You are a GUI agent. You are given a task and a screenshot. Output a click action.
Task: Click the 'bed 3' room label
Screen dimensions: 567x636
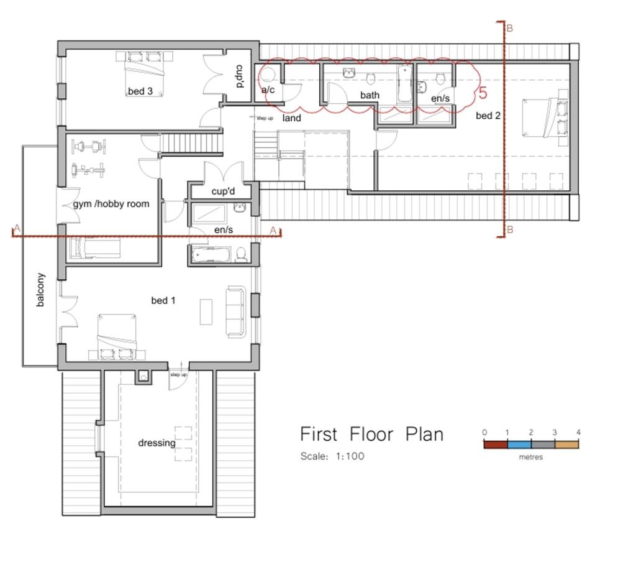pyautogui.click(x=140, y=91)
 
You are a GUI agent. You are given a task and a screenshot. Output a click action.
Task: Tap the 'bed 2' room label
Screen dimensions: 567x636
pyautogui.click(x=488, y=115)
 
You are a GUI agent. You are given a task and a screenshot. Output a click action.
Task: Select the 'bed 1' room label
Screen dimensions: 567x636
pyautogui.click(x=163, y=300)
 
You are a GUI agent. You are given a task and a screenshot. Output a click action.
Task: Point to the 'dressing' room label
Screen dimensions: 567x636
pyautogui.click(x=157, y=443)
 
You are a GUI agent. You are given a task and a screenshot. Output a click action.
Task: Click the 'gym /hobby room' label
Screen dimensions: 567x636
pyautogui.click(x=111, y=203)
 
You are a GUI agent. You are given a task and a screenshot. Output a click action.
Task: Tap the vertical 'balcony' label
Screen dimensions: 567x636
pyautogui.click(x=40, y=290)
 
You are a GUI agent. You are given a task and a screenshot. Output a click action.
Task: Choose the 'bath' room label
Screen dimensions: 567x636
pyautogui.click(x=370, y=95)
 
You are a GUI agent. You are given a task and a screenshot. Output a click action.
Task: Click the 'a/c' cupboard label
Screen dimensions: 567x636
pyautogui.click(x=268, y=90)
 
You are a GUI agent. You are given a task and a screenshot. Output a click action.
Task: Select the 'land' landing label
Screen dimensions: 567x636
pyautogui.click(x=291, y=118)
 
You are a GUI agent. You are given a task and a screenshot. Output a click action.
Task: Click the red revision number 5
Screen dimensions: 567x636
pyautogui.click(x=483, y=93)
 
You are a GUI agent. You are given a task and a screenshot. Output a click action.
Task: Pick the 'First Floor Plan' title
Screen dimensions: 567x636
pyautogui.click(x=371, y=433)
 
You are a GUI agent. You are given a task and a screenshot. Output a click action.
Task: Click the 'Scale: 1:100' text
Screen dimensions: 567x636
pyautogui.click(x=332, y=456)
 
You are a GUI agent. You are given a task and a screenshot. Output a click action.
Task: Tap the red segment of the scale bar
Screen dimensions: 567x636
pyautogui.click(x=496, y=444)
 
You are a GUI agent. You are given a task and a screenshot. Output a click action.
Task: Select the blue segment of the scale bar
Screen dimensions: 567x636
pyautogui.click(x=519, y=444)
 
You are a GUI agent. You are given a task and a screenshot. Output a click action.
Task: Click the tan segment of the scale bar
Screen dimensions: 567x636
pyautogui.click(x=566, y=444)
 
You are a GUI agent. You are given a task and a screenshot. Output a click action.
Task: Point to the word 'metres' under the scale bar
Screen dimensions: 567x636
pyautogui.click(x=530, y=457)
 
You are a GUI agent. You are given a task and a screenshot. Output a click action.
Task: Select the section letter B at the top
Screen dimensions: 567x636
pyautogui.click(x=509, y=28)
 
